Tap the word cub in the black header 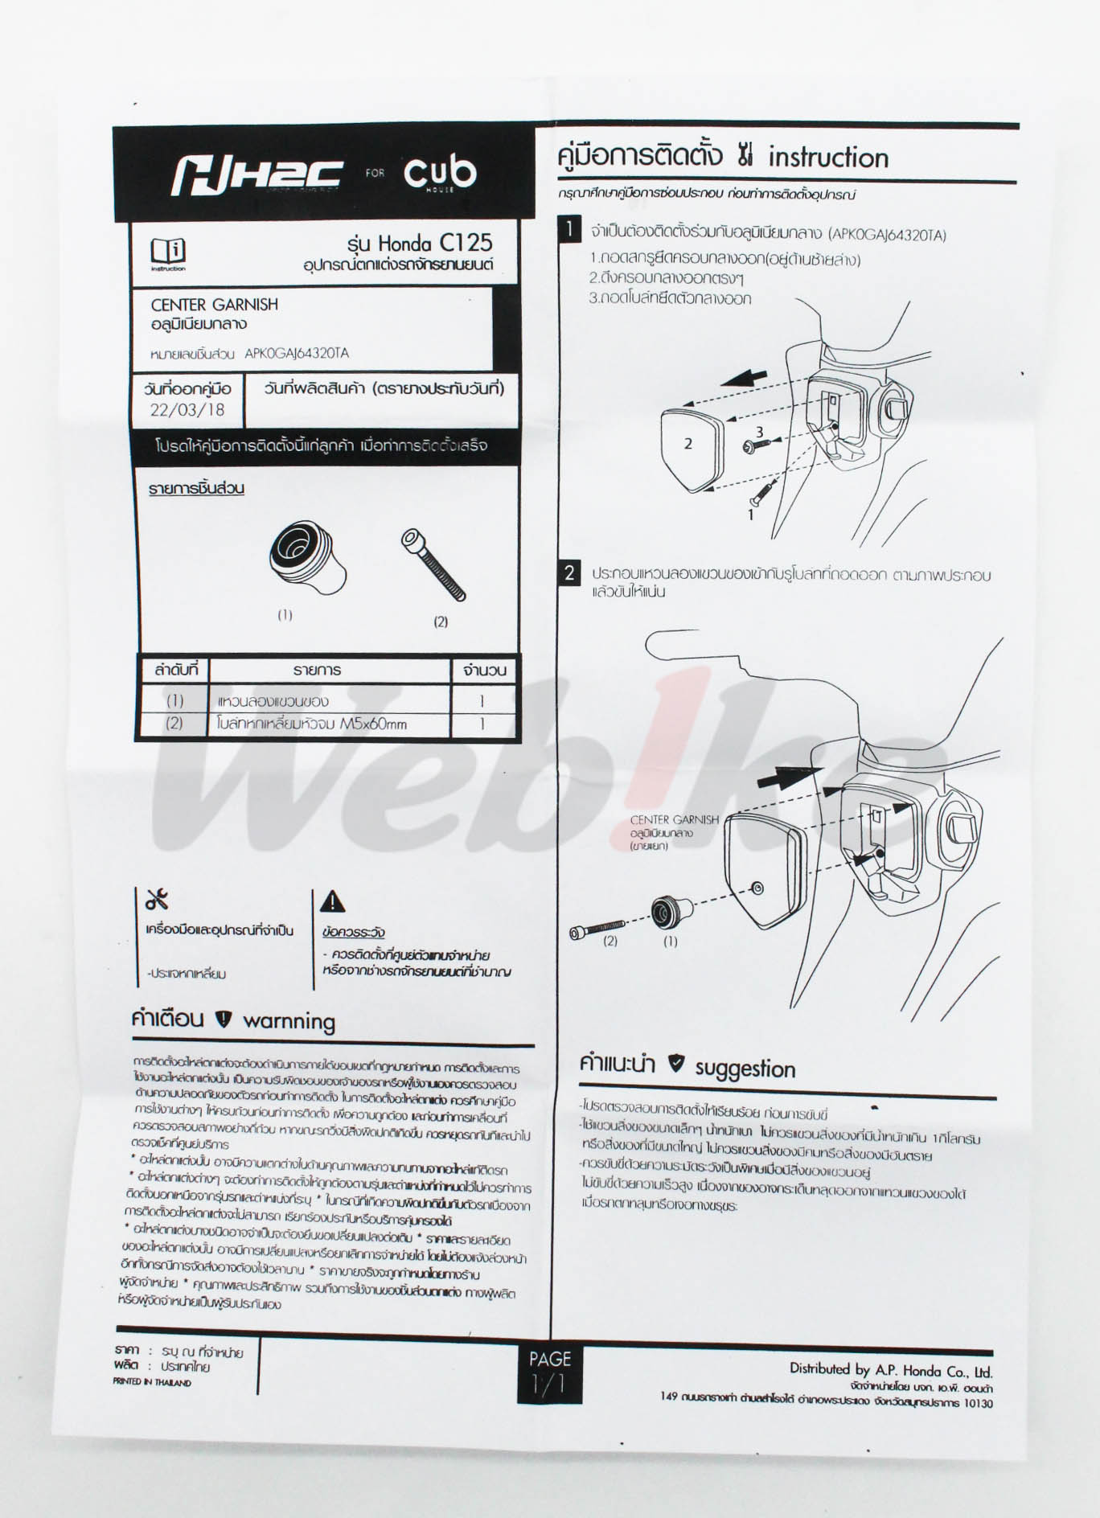tap(440, 172)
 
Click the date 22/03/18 tap(187, 410)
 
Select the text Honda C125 tap(434, 242)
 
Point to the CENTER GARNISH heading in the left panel tap(215, 305)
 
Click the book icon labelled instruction tap(168, 250)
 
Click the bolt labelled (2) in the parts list tap(434, 564)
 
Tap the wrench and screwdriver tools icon tap(157, 900)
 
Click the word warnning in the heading tap(289, 1021)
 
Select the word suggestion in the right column tap(745, 1069)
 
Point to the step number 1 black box tap(569, 229)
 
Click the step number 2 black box tap(569, 573)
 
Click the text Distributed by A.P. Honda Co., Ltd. tap(890, 1370)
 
